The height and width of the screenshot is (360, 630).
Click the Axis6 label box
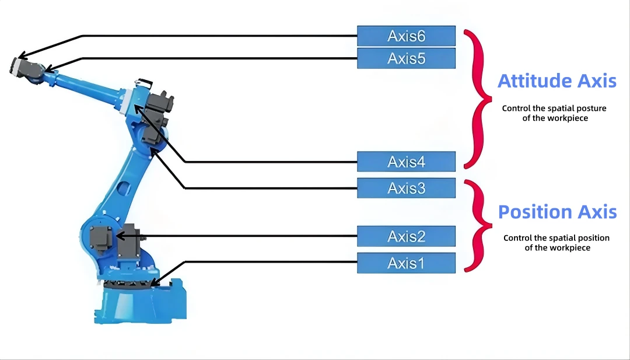point(406,36)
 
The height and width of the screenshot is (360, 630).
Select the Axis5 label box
point(406,58)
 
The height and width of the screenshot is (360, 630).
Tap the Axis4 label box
point(406,162)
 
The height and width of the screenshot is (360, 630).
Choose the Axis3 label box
point(406,188)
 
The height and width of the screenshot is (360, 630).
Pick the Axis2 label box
point(406,236)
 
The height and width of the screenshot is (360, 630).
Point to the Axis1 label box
point(406,263)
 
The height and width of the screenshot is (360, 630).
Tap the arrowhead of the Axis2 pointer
point(120,236)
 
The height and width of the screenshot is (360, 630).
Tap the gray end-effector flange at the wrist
point(16,67)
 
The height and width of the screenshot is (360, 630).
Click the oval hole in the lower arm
point(124,188)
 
